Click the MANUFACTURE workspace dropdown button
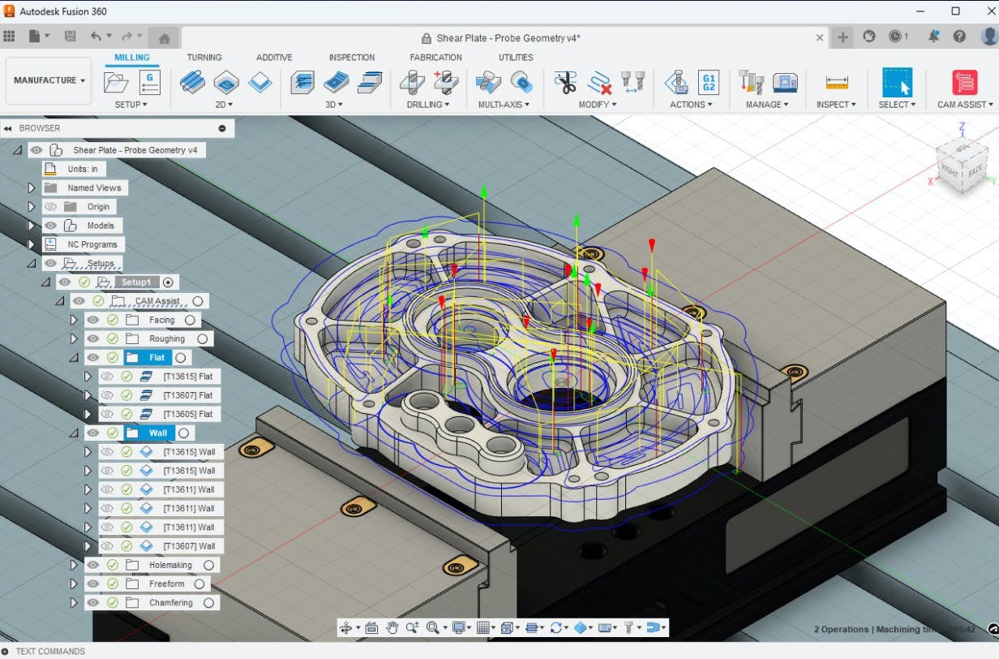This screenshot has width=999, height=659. (49, 80)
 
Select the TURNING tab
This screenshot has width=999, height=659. (204, 58)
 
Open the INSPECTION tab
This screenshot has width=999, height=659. (351, 58)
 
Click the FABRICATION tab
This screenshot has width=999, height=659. (435, 58)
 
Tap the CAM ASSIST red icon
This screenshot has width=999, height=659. (964, 83)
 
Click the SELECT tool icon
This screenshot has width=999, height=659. (897, 83)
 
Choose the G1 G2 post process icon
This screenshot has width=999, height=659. (708, 82)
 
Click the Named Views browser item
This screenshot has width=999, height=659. (94, 187)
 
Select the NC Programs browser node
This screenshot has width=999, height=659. (92, 244)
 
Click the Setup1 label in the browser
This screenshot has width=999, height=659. (136, 282)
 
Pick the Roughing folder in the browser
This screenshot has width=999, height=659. (167, 338)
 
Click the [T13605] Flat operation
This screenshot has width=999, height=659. (187, 414)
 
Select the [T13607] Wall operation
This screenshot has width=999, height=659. (189, 546)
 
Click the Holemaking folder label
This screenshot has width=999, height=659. (170, 565)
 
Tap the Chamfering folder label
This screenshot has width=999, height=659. (170, 603)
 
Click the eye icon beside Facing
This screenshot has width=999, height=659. (93, 320)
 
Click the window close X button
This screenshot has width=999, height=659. (986, 11)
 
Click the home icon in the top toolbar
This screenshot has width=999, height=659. (164, 37)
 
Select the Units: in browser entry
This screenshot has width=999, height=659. (82, 169)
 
